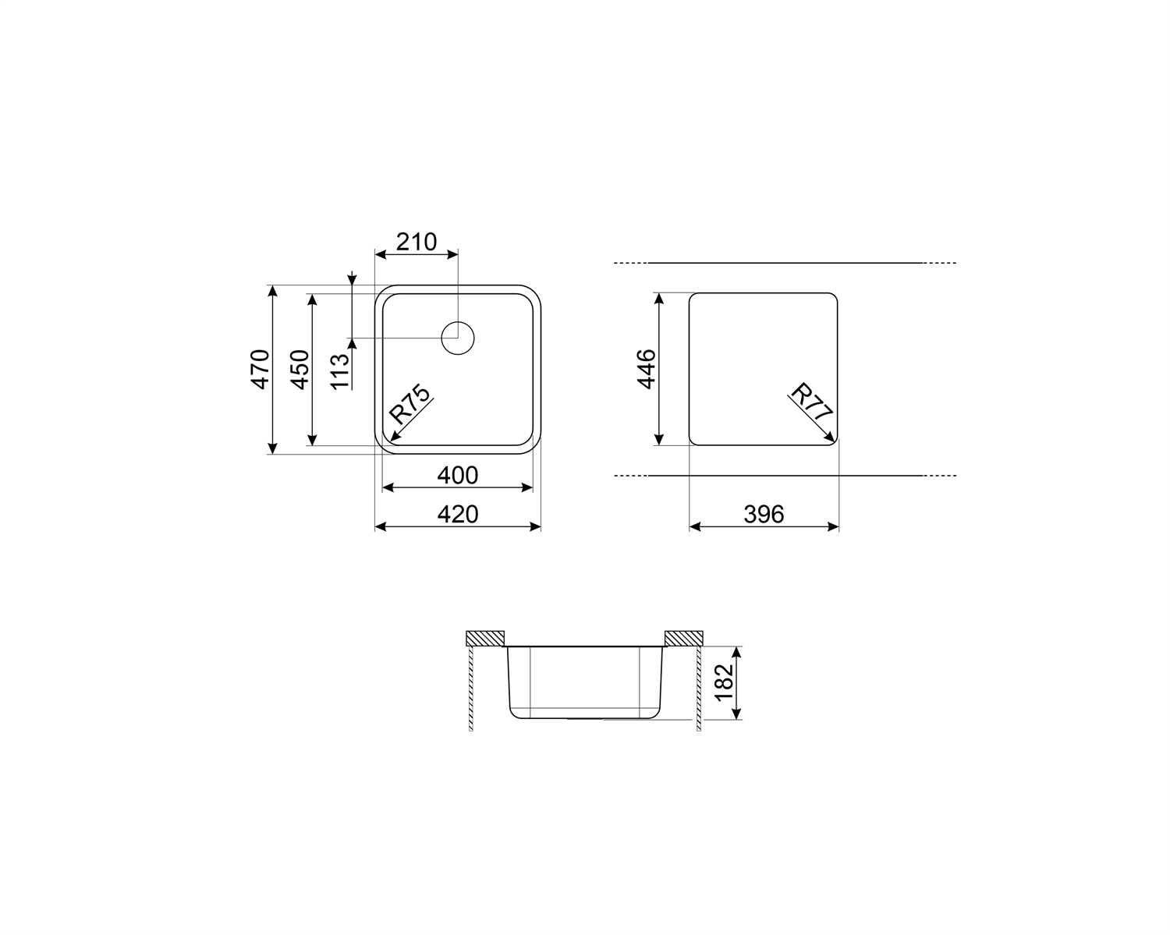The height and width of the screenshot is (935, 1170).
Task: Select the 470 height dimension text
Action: pos(261,369)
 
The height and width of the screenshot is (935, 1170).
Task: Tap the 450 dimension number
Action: pos(300,369)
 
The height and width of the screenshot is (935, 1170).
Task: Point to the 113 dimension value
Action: pos(339,371)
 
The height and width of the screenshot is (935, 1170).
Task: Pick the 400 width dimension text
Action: pos(457,474)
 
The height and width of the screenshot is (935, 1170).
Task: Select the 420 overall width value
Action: pos(457,514)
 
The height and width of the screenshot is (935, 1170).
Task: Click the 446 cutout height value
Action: pos(647,369)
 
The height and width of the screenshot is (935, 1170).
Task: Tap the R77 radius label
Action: pos(811,403)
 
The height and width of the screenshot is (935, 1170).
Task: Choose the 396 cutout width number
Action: pos(763,514)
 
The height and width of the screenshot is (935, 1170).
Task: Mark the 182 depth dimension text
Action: pos(725,682)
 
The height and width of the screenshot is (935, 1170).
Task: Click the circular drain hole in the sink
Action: pos(458,338)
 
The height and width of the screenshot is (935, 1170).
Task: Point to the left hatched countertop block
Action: pos(485,638)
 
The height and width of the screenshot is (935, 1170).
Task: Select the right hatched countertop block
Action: pos(684,638)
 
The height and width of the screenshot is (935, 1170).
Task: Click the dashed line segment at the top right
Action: pos(941,264)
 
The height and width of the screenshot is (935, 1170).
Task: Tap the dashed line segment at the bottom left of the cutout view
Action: pos(631,476)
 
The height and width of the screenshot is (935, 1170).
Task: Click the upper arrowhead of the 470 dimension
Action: pos(272,291)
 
